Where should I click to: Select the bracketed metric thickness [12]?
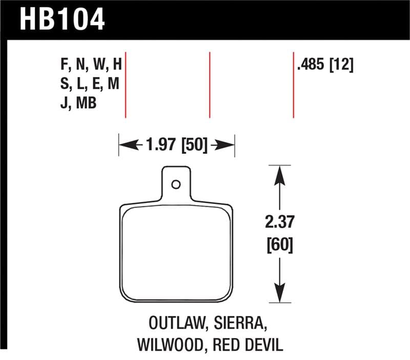point(341,66)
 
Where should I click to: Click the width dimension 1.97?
point(161,146)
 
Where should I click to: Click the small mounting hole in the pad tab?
point(176,184)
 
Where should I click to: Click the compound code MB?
point(87,103)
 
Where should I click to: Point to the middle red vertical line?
point(210,85)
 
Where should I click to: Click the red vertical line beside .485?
point(294,85)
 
